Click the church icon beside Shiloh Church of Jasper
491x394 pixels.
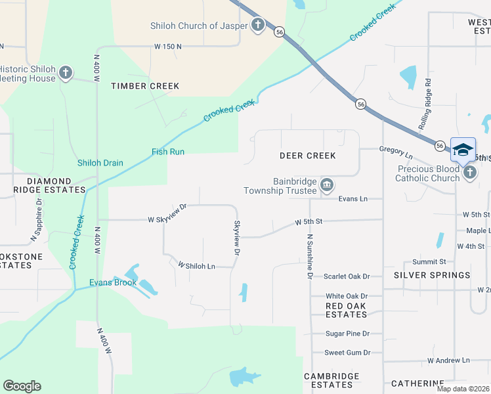click(x=258, y=26)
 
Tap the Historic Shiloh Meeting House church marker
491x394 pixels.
click(x=65, y=73)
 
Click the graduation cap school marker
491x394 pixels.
click(x=463, y=149)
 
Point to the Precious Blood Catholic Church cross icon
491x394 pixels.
click(x=469, y=173)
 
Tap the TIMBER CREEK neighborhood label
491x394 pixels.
click(x=145, y=86)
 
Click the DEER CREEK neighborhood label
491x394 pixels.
click(x=307, y=156)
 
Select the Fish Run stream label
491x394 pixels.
click(x=168, y=152)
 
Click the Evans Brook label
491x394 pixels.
click(x=113, y=283)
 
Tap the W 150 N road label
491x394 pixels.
click(x=168, y=47)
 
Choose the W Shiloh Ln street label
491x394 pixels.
click(x=196, y=265)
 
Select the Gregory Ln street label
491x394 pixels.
click(x=396, y=152)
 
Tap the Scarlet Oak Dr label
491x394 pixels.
click(x=348, y=276)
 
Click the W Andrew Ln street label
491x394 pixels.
click(x=449, y=361)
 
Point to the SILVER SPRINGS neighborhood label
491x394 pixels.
click(x=432, y=275)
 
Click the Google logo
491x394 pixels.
click(x=22, y=386)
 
